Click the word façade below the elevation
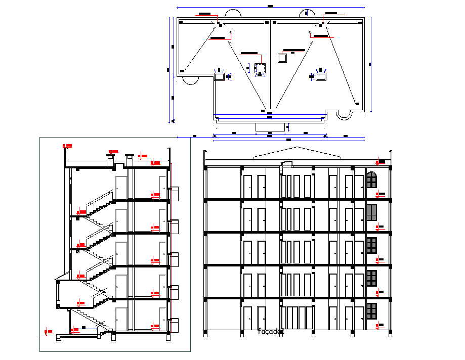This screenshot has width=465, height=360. pos(271,332)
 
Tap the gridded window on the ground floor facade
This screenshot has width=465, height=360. pos(371,311)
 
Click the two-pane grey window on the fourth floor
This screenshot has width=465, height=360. pos(371,213)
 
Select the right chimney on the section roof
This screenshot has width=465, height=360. pos(129,158)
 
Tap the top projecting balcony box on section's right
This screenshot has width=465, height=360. pos(174,193)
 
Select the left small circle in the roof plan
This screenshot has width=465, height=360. pos(231,32)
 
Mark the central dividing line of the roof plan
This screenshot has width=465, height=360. pos(270,66)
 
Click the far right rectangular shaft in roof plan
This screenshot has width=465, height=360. pos(321,77)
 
